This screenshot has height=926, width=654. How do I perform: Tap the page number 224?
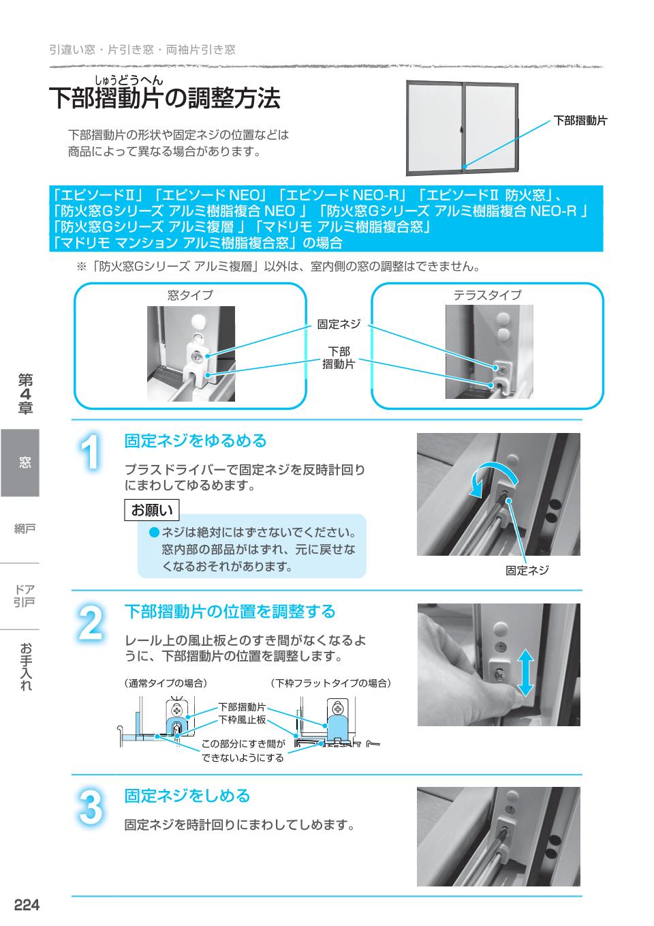click(27, 906)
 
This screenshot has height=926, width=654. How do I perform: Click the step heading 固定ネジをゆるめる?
click(196, 441)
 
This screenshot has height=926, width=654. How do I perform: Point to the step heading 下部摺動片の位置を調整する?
click(230, 612)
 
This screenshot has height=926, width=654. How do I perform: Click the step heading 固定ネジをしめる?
click(187, 796)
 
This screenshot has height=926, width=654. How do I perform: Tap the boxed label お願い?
click(152, 510)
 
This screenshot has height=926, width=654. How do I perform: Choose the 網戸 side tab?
click(25, 528)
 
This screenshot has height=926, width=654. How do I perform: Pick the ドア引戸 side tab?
click(25, 595)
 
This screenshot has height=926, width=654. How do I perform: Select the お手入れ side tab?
click(25, 666)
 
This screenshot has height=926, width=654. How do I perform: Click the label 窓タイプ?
click(190, 295)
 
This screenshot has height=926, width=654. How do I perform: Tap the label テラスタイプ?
click(487, 295)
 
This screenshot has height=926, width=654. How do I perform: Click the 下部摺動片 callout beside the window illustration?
click(579, 121)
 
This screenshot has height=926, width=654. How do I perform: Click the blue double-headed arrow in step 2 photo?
click(525, 672)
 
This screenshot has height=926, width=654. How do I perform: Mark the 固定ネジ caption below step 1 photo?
click(527, 571)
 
